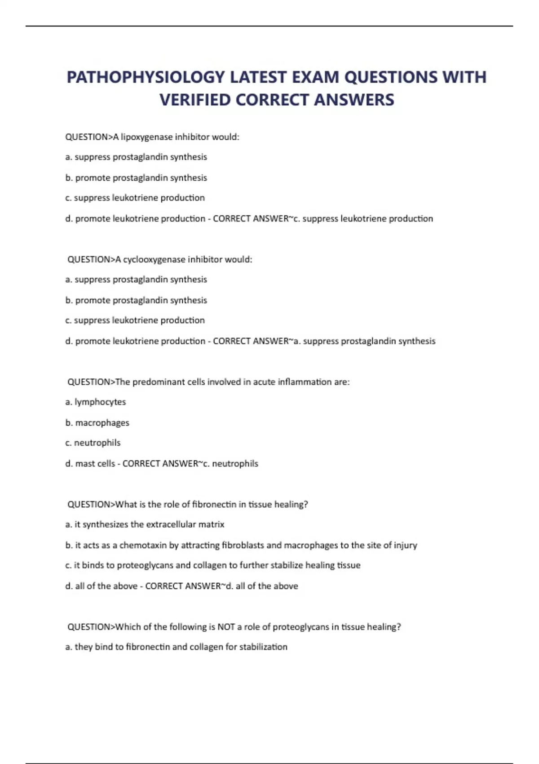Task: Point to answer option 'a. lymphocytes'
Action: coord(96,402)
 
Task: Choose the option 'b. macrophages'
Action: coord(97,422)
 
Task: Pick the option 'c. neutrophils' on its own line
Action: coord(93,443)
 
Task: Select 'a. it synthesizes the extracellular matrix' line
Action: coord(145,524)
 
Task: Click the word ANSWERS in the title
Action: coord(354,100)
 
